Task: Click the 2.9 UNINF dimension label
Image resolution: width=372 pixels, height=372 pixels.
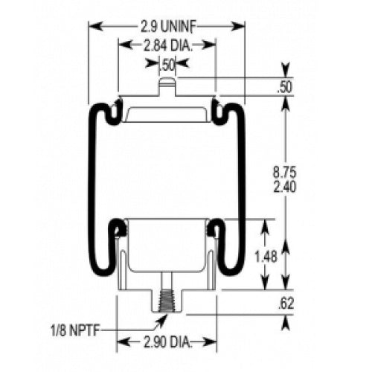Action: (x=167, y=26)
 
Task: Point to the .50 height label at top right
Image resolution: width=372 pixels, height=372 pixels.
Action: (x=283, y=87)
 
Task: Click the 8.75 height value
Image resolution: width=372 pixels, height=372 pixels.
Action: (x=284, y=173)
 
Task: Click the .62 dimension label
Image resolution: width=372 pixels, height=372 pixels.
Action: (x=284, y=303)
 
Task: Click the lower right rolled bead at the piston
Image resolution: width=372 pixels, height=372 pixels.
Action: (x=218, y=227)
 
